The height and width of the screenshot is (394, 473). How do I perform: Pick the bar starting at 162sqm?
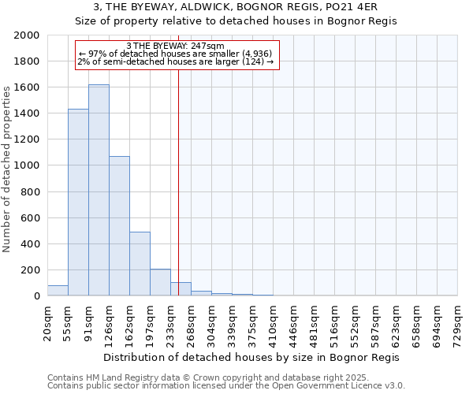click(x=140, y=264)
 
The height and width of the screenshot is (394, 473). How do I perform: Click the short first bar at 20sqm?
click(x=58, y=291)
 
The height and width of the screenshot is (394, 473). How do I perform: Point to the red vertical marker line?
click(x=179, y=181)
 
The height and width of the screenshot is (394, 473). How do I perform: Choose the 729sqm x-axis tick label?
click(x=458, y=322)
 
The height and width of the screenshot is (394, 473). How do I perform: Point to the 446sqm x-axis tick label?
click(x=294, y=322)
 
